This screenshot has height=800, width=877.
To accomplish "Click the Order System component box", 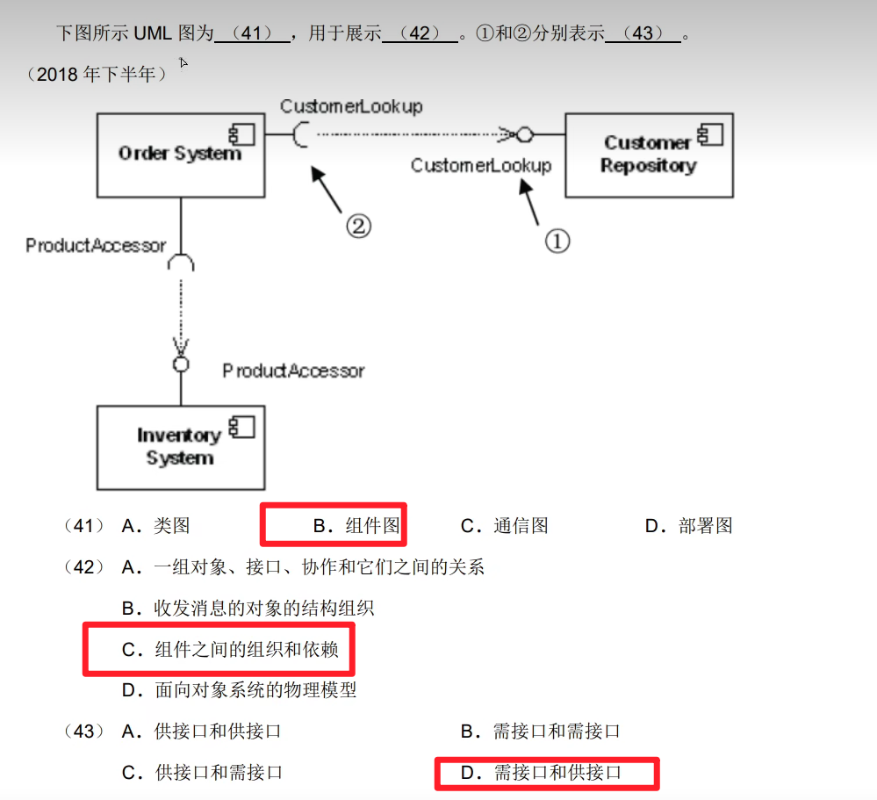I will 180,155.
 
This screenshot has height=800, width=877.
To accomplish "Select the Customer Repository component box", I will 649,155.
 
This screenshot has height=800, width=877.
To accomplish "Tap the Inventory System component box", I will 180,447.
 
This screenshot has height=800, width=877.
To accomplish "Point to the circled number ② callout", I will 357,227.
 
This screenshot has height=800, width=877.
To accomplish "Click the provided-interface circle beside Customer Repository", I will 525,134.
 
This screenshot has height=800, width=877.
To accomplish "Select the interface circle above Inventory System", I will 181,364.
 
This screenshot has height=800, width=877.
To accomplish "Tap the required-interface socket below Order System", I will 181,262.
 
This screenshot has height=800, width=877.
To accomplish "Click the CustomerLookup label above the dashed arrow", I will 351,106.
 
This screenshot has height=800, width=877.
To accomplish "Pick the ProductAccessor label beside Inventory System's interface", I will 293,371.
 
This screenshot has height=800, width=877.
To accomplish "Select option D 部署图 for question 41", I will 688,526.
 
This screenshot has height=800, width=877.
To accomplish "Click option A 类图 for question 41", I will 156,526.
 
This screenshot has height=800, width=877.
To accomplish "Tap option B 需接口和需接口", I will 541,731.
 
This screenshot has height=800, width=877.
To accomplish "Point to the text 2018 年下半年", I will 97,75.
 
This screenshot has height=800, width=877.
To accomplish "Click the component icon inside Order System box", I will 241,134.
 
